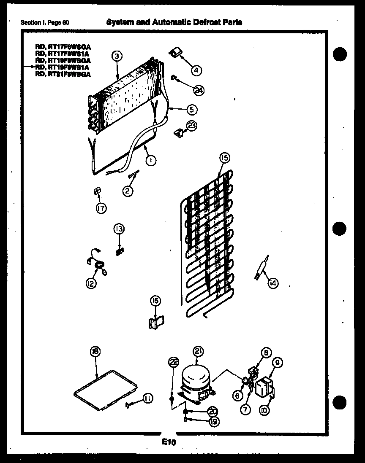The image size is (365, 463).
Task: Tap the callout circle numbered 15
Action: pyautogui.click(x=224, y=158)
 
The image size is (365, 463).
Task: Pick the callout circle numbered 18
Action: pyautogui.click(x=95, y=351)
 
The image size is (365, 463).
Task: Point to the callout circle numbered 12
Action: pyautogui.click(x=90, y=284)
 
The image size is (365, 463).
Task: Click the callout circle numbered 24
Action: pyautogui.click(x=199, y=89)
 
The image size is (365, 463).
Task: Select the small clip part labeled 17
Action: pyautogui.click(x=96, y=192)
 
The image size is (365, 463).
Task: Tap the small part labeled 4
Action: pyautogui.click(x=174, y=52)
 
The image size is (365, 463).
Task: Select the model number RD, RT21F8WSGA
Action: pyautogui.click(x=63, y=74)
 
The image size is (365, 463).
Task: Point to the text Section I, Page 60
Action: pyautogui.click(x=45, y=23)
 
